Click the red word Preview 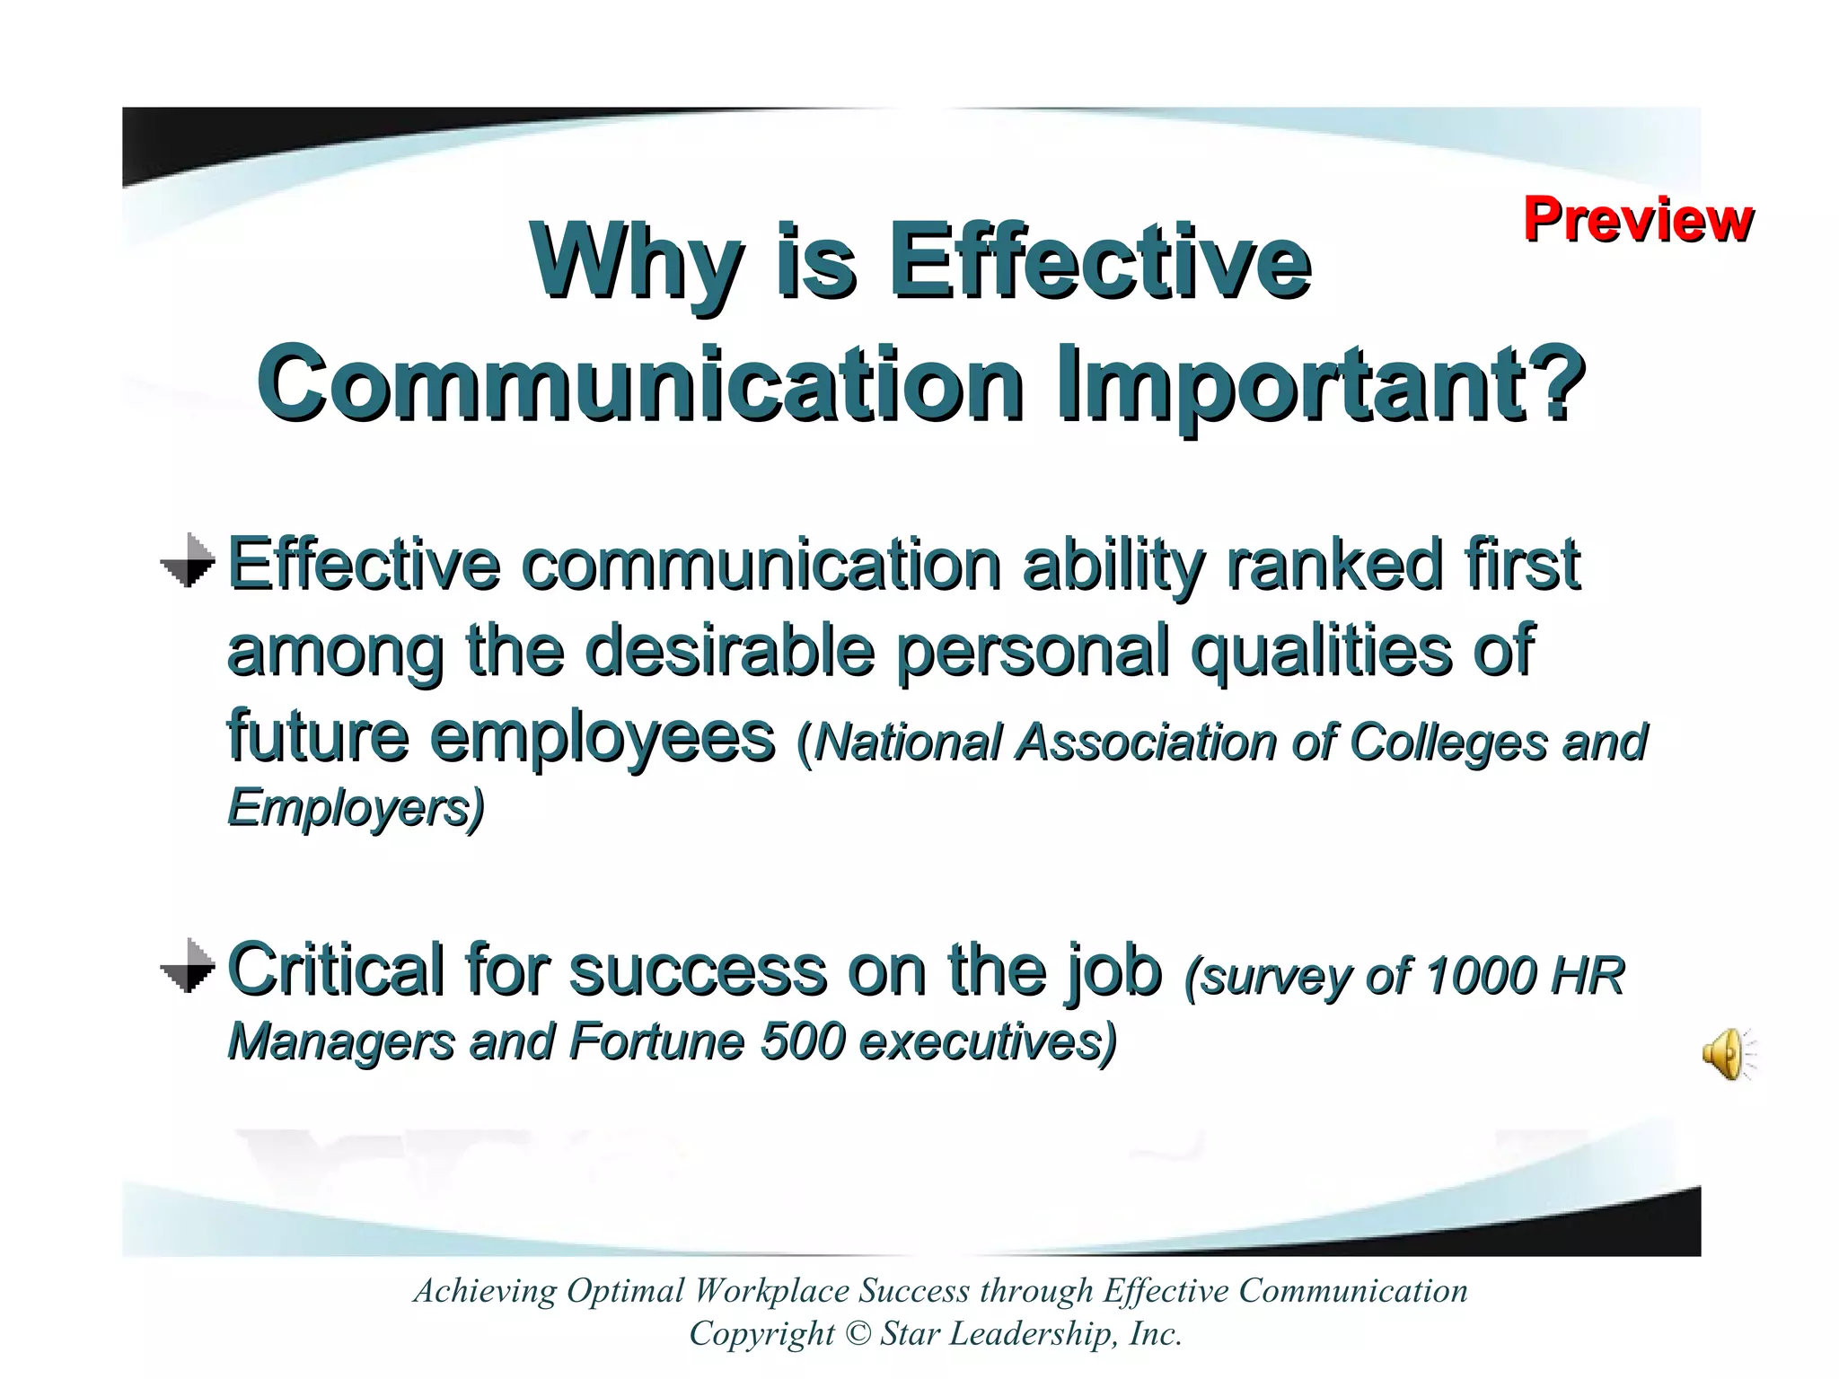click(x=1637, y=220)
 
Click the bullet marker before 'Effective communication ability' click(x=189, y=562)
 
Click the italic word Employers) click(x=356, y=807)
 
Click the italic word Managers click(x=341, y=1042)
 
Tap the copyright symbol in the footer click(x=858, y=1333)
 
